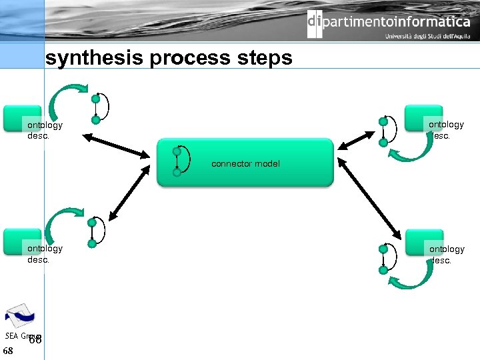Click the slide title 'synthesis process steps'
(x=169, y=58)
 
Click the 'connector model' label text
(x=245, y=163)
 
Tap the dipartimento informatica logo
(x=389, y=23)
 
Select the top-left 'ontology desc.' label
(x=45, y=129)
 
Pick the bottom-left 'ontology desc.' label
(x=45, y=253)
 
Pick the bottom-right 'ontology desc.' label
(x=447, y=254)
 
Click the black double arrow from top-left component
(x=117, y=146)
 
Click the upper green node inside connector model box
(x=177, y=151)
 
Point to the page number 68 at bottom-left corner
(x=8, y=351)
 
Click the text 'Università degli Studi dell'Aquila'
(x=427, y=36)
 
